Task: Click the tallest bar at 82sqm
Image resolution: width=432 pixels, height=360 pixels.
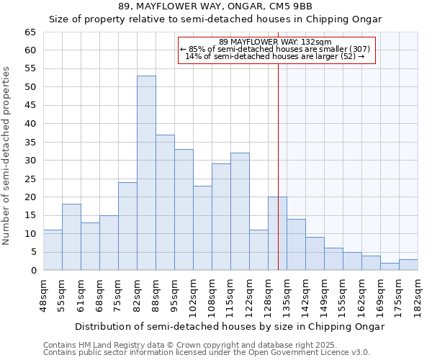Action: [x=146, y=173]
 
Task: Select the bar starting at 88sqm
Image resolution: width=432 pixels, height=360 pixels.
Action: [x=165, y=202]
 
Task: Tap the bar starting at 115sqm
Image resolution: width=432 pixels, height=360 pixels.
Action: [x=240, y=212]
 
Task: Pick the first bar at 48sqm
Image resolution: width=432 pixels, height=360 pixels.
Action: [x=53, y=250]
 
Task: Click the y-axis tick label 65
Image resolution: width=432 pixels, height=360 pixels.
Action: [x=30, y=32]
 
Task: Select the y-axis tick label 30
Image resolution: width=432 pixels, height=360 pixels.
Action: [x=30, y=161]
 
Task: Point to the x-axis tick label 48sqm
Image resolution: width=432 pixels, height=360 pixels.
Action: [x=47, y=294]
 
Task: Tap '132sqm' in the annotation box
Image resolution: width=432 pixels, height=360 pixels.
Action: [x=318, y=42]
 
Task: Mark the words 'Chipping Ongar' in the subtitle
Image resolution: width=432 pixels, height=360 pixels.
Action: [x=346, y=19]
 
